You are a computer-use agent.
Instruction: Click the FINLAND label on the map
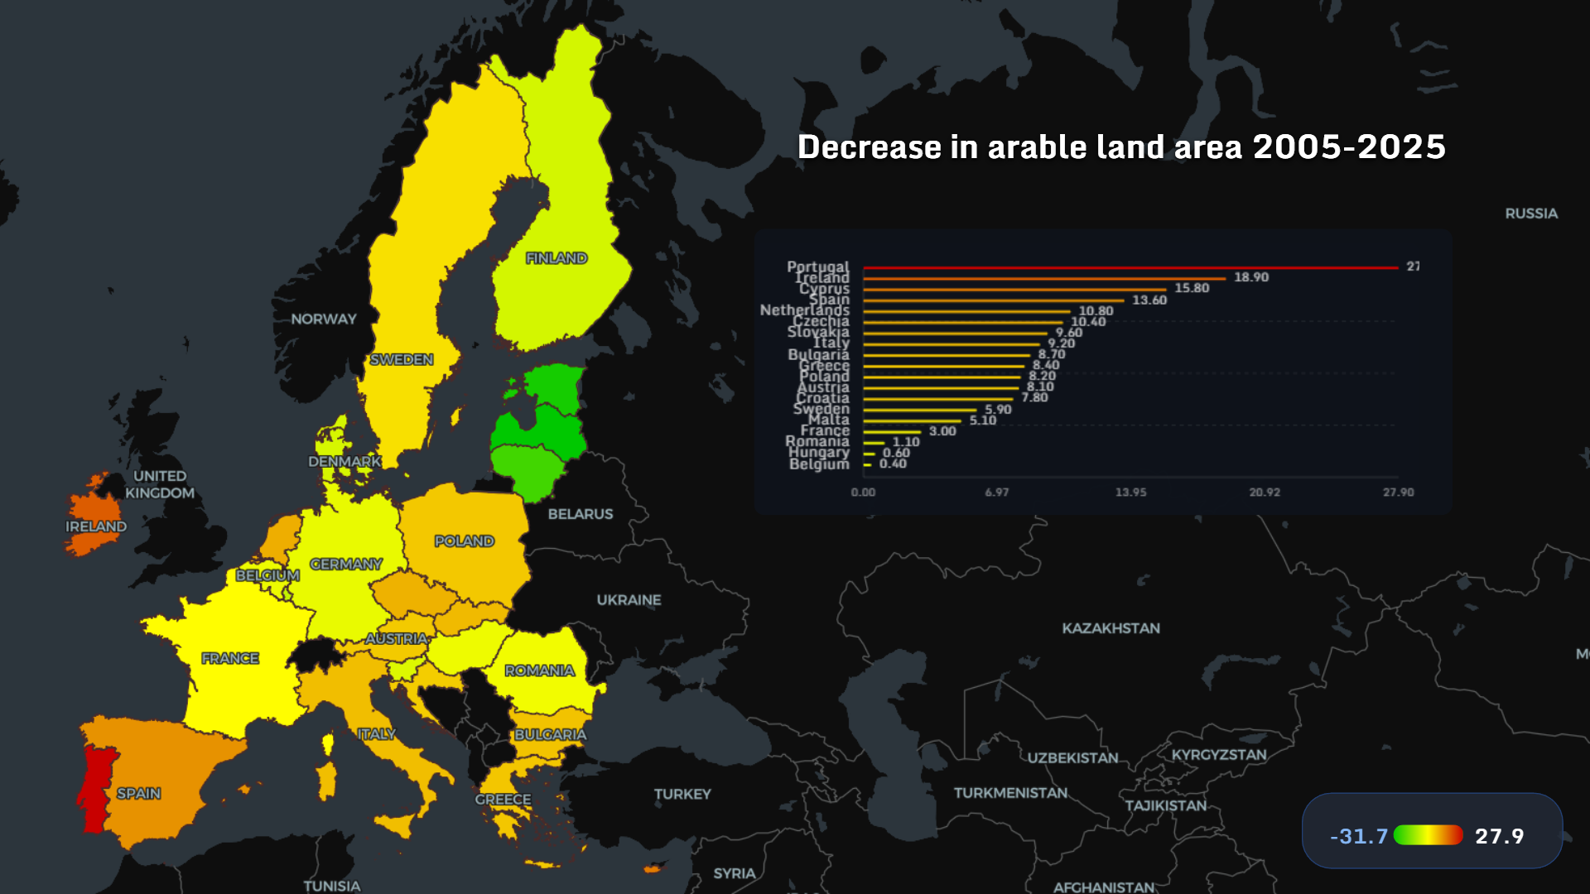pyautogui.click(x=556, y=258)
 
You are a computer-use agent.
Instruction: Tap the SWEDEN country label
pyautogui.click(x=402, y=359)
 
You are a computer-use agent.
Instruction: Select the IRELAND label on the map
pyautogui.click(x=96, y=526)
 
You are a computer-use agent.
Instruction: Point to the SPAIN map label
pyautogui.click(x=138, y=793)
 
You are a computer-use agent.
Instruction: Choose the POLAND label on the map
pyautogui.click(x=464, y=541)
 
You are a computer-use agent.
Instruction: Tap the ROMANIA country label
pyautogui.click(x=539, y=670)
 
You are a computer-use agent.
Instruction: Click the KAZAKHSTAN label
pyautogui.click(x=1111, y=628)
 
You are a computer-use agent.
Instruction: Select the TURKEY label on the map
pyautogui.click(x=682, y=794)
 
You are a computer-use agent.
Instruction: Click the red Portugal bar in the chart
pyautogui.click(x=1130, y=268)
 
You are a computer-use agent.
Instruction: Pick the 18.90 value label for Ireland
pyautogui.click(x=1250, y=277)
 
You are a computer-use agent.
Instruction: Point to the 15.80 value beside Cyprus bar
pyautogui.click(x=1192, y=288)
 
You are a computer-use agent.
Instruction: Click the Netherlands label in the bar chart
pyautogui.click(x=804, y=310)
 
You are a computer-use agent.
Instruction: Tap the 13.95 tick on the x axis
pyautogui.click(x=1130, y=493)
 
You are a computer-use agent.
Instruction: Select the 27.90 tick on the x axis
pyautogui.click(x=1398, y=493)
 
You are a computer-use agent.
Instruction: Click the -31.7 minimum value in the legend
pyautogui.click(x=1358, y=836)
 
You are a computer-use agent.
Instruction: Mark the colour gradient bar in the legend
pyautogui.click(x=1429, y=835)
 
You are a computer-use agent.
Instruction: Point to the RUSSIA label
pyautogui.click(x=1531, y=214)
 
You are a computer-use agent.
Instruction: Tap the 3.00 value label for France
pyautogui.click(x=942, y=431)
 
